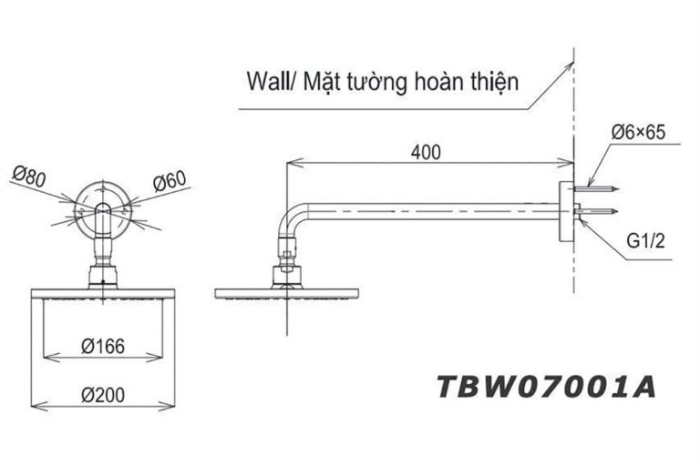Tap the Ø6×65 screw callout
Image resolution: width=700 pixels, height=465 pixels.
[638, 133]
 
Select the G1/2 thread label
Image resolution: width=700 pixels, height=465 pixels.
[643, 244]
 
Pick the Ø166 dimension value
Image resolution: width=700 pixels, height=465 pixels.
[101, 346]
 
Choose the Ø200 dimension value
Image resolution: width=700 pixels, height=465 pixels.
[101, 394]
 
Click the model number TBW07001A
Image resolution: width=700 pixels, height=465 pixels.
[546, 387]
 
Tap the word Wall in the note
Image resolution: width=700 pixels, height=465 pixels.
[265, 81]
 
